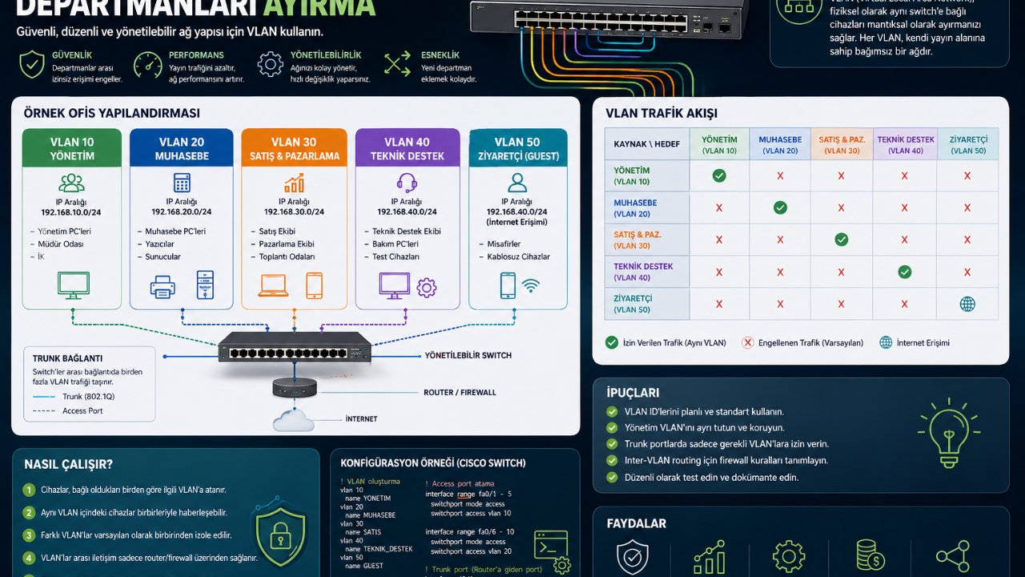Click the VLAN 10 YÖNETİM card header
click(72, 149)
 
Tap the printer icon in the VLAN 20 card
click(163, 286)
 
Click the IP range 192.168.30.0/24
click(294, 212)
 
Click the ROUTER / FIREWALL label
click(460, 393)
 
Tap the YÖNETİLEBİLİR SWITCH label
click(468, 355)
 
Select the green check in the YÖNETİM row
click(719, 176)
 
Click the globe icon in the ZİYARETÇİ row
click(967, 304)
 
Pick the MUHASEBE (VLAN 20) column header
click(780, 144)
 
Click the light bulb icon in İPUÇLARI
click(950, 433)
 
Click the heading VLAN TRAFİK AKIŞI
click(661, 114)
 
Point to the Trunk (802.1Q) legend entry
click(87, 396)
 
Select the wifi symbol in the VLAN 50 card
click(531, 284)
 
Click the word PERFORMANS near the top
click(196, 55)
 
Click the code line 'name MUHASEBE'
click(368, 515)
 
